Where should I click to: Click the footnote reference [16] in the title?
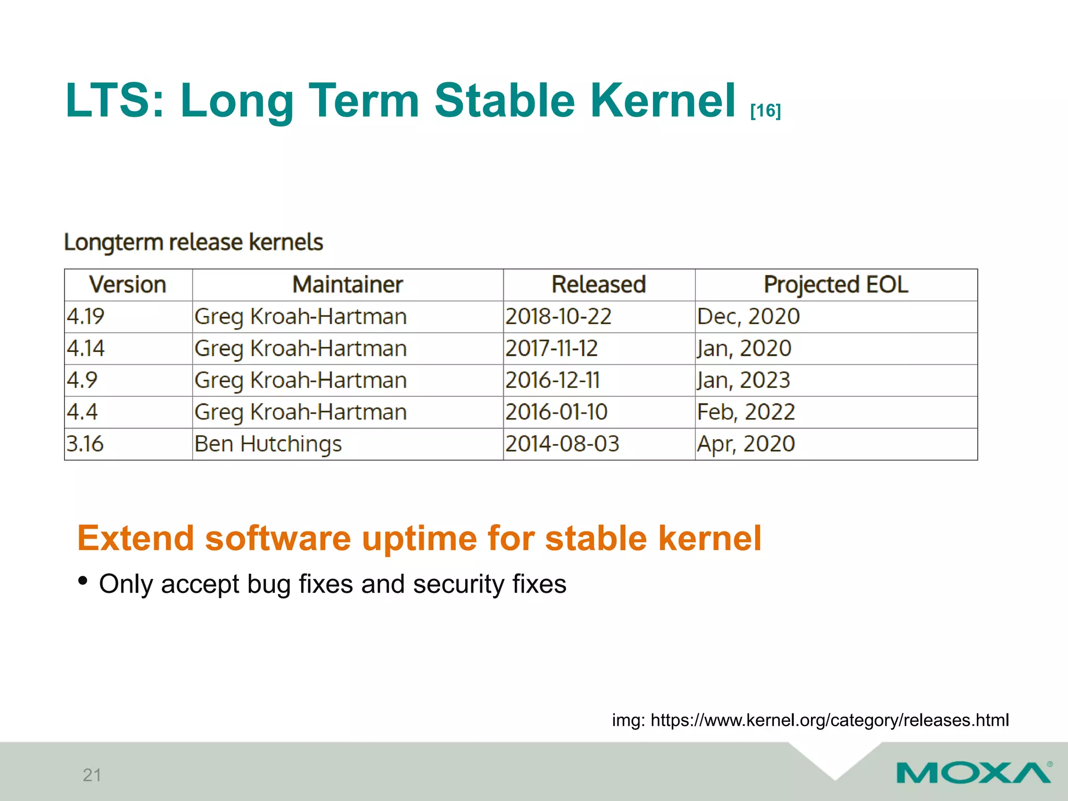(x=765, y=111)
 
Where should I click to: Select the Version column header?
(x=128, y=285)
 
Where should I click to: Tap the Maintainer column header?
(x=347, y=285)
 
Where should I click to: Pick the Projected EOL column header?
(x=835, y=285)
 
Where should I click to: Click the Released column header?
(x=599, y=285)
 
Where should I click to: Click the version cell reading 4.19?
(x=86, y=317)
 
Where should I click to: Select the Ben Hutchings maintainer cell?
(x=268, y=444)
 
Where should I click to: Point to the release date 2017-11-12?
(x=551, y=348)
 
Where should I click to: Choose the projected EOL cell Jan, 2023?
(x=744, y=380)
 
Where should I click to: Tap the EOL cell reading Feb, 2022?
(x=746, y=412)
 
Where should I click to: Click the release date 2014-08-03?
(x=562, y=444)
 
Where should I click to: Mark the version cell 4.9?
(x=82, y=380)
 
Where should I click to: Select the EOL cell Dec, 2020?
(x=748, y=317)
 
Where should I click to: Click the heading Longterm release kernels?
(x=193, y=242)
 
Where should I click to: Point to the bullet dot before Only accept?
(x=82, y=581)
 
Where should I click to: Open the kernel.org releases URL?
(x=829, y=720)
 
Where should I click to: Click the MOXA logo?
(x=974, y=772)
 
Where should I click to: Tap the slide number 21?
(x=92, y=775)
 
